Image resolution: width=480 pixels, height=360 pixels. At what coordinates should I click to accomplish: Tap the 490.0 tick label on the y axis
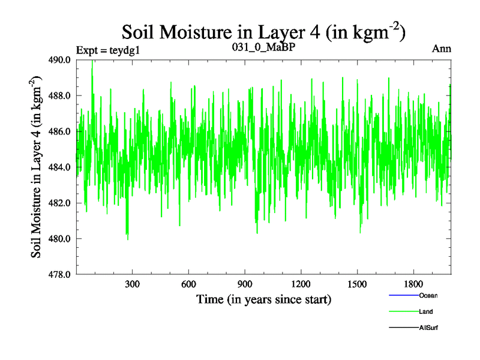point(60,60)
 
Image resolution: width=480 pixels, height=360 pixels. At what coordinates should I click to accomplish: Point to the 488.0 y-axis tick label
point(60,95)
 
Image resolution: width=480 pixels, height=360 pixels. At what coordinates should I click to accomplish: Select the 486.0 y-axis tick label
point(60,131)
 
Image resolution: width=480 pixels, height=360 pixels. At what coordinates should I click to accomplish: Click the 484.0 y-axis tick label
point(60,167)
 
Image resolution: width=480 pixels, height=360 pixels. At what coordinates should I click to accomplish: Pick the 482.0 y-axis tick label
point(60,203)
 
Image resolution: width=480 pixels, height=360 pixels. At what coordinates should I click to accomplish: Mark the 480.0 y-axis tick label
point(60,239)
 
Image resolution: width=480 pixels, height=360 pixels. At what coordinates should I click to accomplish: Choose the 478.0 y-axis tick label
point(60,274)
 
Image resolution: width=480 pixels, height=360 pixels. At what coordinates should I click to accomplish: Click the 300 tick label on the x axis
point(132,284)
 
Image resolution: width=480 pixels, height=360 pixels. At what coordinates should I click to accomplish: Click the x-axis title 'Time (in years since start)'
point(263,299)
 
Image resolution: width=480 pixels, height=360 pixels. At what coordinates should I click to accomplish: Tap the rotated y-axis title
point(37,167)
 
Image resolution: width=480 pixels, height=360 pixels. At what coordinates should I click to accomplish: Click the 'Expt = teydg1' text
point(108,50)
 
